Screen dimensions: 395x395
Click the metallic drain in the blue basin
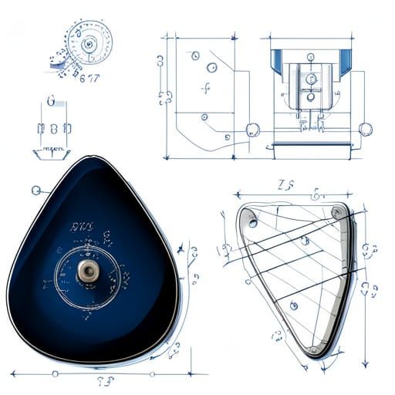(86, 269)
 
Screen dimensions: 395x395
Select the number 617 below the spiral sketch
(89, 77)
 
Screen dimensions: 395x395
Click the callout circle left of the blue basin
(35, 190)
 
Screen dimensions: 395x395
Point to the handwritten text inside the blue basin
(82, 228)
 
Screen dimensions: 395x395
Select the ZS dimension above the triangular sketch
(285, 185)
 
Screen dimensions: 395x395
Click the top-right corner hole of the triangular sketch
(336, 212)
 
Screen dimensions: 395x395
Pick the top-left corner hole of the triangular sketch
(253, 222)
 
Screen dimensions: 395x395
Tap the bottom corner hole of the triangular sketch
(313, 350)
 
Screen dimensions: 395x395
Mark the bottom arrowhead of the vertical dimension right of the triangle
(364, 361)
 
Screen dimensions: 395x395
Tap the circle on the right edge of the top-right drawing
(366, 129)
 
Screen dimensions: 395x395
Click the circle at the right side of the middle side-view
(252, 130)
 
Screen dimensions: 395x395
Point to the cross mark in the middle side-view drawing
(205, 88)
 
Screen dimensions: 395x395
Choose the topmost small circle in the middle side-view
(194, 56)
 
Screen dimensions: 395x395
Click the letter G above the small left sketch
(51, 101)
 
